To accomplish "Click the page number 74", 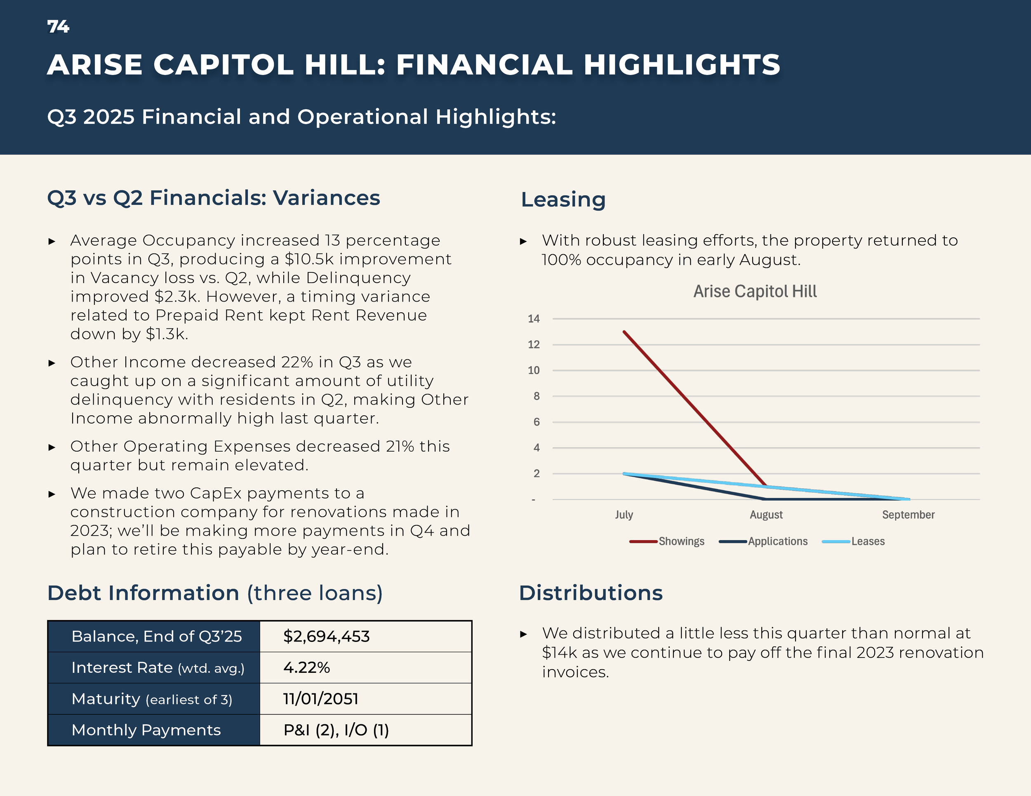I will coord(58,26).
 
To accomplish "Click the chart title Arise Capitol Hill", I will coord(754,291).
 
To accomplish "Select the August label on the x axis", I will coord(766,515).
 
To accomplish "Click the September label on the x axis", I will coord(908,515).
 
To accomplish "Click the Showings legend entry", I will coord(681,541).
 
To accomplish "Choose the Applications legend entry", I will coord(777,541).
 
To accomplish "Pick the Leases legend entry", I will coord(868,541).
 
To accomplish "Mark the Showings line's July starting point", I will coord(624,332).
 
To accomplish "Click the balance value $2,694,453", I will coord(326,637).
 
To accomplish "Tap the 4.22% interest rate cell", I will coord(306,668).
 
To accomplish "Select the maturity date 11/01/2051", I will coord(320,699).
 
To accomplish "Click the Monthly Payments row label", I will coord(146,730).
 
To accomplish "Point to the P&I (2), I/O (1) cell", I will coord(336,730).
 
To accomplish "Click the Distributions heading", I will coord(591,593).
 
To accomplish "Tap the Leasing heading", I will coord(563,199).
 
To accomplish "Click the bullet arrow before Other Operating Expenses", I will coord(52,447).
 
